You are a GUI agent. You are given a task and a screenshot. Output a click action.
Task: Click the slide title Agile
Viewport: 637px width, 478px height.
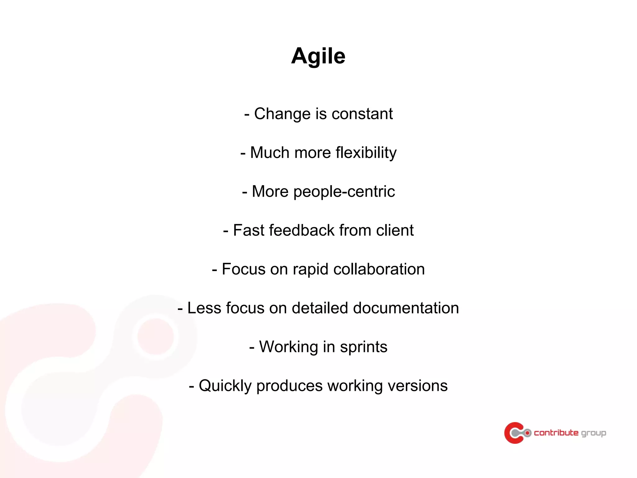[318, 56]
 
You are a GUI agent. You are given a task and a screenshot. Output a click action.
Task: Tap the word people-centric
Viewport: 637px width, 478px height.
[344, 192]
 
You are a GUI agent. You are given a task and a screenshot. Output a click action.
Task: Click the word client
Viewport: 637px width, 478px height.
[395, 230]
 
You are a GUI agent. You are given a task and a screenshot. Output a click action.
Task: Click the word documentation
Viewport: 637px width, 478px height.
[406, 308]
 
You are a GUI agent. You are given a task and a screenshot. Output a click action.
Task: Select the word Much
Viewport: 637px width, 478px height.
[270, 153]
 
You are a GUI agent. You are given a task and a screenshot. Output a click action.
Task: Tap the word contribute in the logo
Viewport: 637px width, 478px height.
[556, 433]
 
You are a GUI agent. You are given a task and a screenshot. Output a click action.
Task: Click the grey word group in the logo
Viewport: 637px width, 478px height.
[593, 433]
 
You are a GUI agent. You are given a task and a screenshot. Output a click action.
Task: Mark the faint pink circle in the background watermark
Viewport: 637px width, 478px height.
[155, 336]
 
